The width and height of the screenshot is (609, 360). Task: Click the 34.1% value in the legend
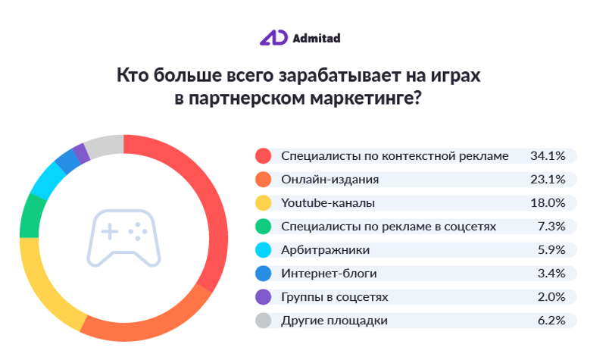tap(548, 156)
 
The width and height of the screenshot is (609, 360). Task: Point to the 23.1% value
tap(548, 180)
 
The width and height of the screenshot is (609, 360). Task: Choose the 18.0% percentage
tap(548, 203)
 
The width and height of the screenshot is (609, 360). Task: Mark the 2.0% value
tap(551, 297)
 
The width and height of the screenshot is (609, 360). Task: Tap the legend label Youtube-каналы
tap(327, 203)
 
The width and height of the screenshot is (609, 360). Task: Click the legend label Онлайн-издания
tap(329, 180)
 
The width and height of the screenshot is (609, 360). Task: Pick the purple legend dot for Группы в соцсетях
tap(263, 297)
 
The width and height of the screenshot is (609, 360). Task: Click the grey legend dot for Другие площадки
tap(263, 321)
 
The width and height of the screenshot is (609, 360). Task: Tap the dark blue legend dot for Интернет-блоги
tap(263, 274)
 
